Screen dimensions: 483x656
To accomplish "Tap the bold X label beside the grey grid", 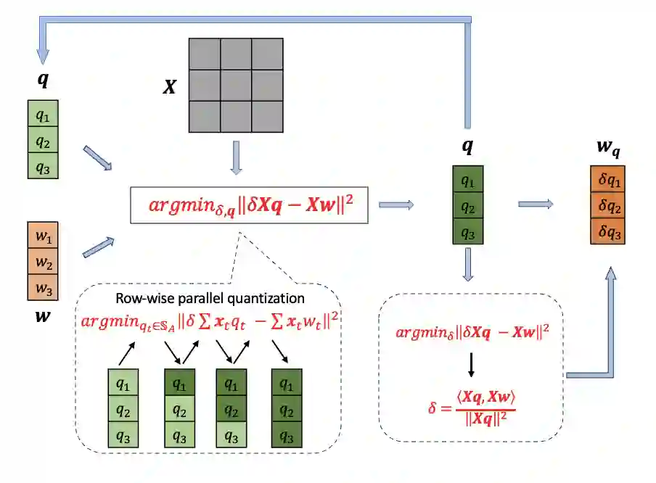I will point(169,88).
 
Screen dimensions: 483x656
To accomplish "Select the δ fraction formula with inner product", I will point(471,401).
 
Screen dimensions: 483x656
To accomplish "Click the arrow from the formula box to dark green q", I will point(396,205).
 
